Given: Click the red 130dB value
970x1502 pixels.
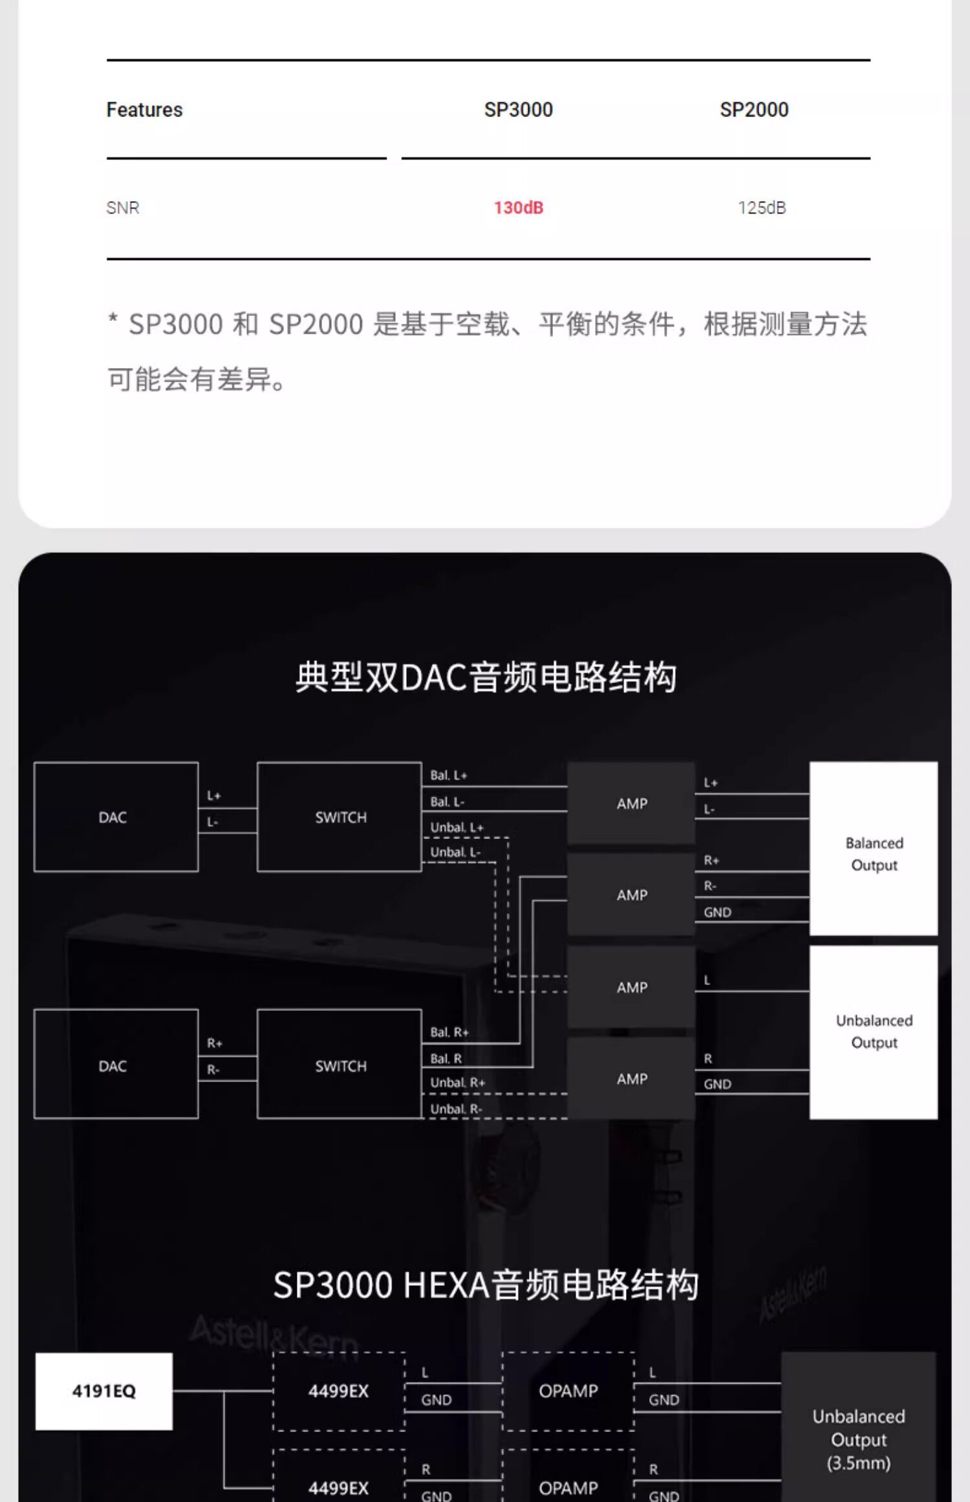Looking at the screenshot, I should coord(519,208).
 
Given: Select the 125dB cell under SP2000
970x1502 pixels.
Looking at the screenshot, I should coord(762,208).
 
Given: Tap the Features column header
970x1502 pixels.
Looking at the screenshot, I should coord(144,110).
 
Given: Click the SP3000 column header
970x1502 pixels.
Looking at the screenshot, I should coord(519,110).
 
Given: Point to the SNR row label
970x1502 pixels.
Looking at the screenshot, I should coord(123,208).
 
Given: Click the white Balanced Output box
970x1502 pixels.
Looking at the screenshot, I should coord(874,848).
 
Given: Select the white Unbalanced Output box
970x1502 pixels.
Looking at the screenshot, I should coord(874,1032).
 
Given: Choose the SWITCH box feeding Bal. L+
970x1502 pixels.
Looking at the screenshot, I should coord(339,817).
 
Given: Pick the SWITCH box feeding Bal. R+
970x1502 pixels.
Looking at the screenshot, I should coord(339,1065).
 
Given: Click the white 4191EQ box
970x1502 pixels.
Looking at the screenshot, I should coord(104,1391).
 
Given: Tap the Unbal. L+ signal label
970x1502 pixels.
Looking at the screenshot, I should coord(457,827).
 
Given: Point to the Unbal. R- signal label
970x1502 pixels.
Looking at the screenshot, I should coord(456,1109).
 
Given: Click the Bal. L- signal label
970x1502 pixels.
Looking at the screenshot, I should coord(447,801).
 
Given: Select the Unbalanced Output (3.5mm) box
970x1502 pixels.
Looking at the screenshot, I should coord(858,1439).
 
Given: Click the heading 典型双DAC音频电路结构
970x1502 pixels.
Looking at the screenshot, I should coord(486,677).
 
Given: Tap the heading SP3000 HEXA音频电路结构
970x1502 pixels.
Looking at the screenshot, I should coord(486,1285).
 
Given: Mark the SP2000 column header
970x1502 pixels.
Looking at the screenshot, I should coord(754,110).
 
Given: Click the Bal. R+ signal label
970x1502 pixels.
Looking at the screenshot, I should coord(449,1032).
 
